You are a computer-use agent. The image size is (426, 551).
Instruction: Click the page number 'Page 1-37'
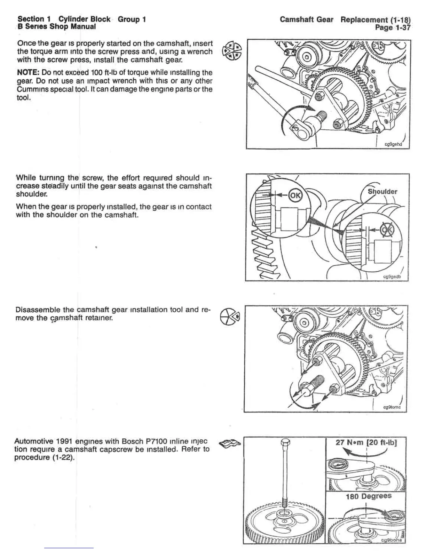[x=393, y=27]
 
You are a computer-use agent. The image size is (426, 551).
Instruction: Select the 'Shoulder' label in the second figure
[x=382, y=191]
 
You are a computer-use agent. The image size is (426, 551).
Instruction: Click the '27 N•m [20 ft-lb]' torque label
[x=366, y=442]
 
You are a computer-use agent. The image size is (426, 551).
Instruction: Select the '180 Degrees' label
[x=368, y=496]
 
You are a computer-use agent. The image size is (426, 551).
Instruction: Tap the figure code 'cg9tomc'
[x=392, y=407]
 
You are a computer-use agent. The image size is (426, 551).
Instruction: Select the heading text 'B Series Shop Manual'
[x=56, y=27]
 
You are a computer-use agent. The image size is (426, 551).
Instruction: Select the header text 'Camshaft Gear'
[x=306, y=19]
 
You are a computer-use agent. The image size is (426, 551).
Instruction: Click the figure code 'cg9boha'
[x=391, y=540]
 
